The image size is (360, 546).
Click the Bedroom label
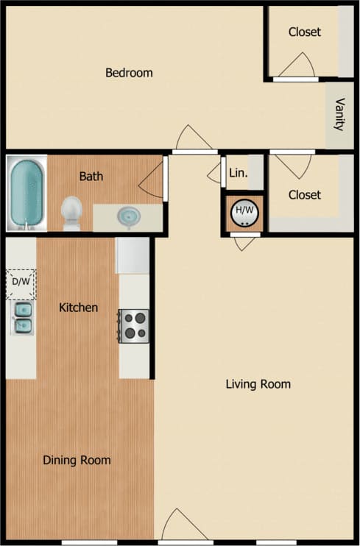coord(129,73)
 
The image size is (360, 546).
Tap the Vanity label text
coord(339,114)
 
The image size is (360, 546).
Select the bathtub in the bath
coord(27,192)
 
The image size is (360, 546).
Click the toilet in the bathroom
coord(71,212)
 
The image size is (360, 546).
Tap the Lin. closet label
coord(238,174)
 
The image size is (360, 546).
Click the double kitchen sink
coord(22,317)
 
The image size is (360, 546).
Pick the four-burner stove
coord(134,325)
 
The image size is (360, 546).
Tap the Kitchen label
coord(78,308)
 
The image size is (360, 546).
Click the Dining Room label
coord(77,461)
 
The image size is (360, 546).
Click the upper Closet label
coord(304,32)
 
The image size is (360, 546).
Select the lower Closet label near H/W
coord(304,195)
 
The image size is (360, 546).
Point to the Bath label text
coord(91,177)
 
